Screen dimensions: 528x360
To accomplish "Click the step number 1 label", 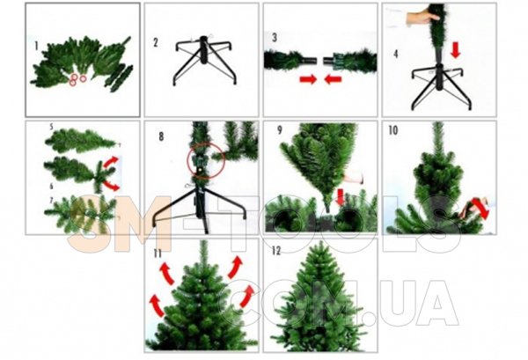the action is click(36, 46).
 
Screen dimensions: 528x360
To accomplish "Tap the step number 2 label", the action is click(155, 43).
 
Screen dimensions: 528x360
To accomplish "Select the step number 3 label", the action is click(275, 37).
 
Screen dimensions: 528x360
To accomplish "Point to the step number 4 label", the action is click(396, 54).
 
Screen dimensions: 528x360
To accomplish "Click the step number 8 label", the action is click(161, 136).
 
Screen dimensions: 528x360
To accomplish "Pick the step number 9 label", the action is click(280, 130).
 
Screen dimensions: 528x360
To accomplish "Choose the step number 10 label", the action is click(393, 130).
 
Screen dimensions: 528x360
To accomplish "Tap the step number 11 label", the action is click(158, 253).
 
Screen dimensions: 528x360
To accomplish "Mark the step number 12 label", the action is click(276, 251).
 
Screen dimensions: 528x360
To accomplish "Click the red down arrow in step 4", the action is click(455, 50).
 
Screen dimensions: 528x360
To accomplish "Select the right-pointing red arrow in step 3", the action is click(308, 79).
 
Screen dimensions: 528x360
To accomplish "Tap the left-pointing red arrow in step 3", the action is click(334, 79).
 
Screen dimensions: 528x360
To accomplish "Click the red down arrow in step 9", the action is click(341, 197).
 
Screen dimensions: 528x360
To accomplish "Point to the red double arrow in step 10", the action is click(480, 208).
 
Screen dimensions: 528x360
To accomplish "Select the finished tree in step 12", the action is click(319, 298).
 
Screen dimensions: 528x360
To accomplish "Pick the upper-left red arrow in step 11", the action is click(166, 273).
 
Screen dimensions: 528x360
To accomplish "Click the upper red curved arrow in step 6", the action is click(111, 162).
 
